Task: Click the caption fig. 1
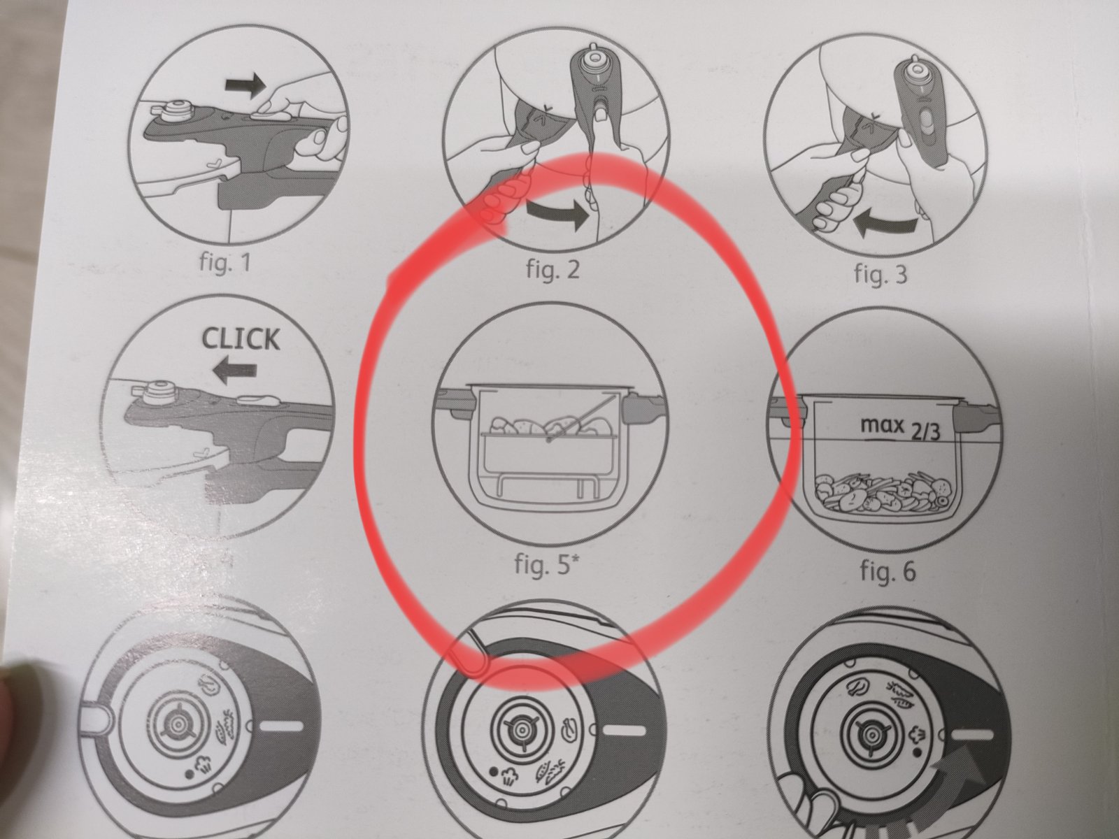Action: (224, 263)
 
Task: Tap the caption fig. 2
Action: (553, 268)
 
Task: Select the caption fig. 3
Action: (881, 273)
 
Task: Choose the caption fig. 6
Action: (888, 571)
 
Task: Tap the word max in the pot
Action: (882, 424)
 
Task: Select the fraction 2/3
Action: (925, 431)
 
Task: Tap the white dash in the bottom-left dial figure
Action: (283, 726)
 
